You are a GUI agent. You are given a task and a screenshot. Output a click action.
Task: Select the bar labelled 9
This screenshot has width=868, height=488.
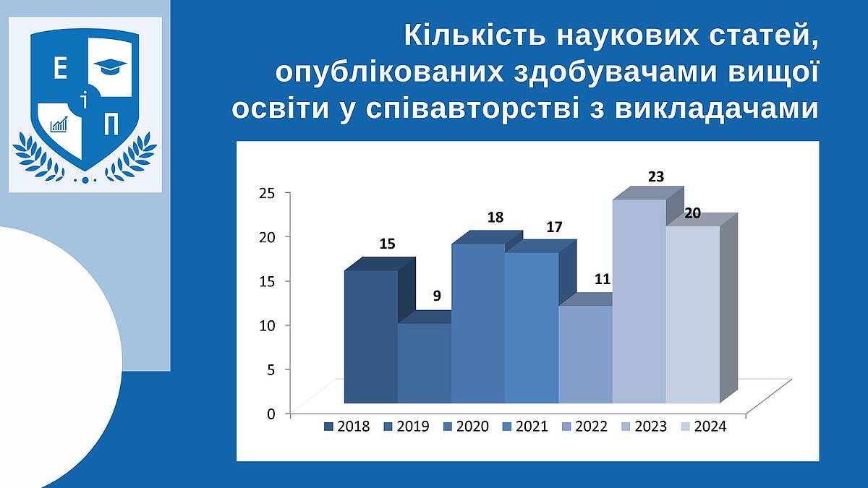(x=425, y=363)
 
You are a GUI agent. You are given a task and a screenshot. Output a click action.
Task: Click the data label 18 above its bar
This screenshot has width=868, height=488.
(x=495, y=218)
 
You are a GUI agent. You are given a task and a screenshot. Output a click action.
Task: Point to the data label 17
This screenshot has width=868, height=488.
(x=554, y=227)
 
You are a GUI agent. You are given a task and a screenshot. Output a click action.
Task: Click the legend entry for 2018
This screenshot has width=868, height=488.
(x=347, y=427)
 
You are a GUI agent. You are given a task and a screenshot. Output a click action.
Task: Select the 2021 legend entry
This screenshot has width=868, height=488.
(x=525, y=427)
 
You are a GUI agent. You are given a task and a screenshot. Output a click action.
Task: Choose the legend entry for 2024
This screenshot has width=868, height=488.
(x=704, y=427)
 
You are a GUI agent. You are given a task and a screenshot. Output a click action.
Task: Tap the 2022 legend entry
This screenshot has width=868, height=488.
(x=584, y=427)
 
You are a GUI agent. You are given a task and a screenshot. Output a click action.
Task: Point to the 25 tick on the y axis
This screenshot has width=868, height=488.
(x=267, y=193)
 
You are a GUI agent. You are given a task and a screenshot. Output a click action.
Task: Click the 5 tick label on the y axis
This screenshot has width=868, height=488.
(x=271, y=370)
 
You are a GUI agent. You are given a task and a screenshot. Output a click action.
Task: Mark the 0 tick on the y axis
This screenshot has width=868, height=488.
(x=271, y=414)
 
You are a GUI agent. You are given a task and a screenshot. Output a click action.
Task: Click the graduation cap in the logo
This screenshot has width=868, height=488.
(x=111, y=67)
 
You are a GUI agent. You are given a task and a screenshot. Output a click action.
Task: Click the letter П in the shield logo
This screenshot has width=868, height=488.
(x=111, y=124)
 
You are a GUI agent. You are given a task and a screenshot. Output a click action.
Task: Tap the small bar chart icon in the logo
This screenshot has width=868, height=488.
(x=59, y=124)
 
